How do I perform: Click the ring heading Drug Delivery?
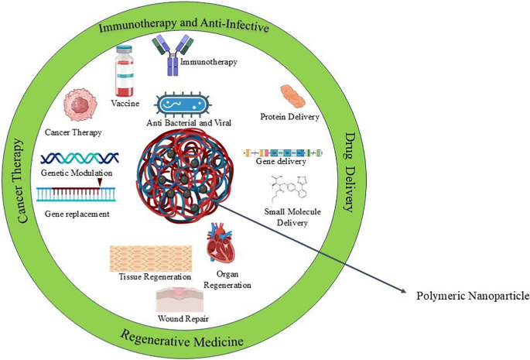click(346, 172)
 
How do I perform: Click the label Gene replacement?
click(77, 212)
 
